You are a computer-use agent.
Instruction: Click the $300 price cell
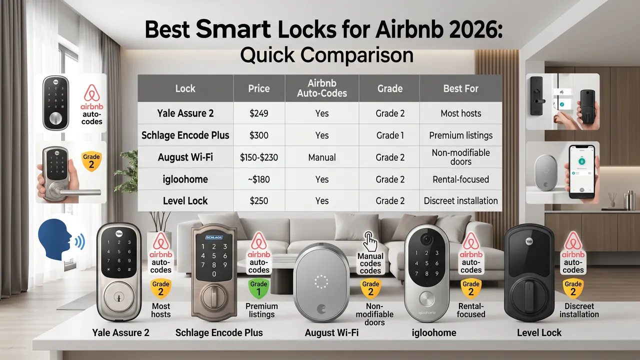[x=258, y=135]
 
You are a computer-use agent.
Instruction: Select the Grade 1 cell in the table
[x=390, y=135]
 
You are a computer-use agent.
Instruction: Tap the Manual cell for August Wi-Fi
[x=322, y=157]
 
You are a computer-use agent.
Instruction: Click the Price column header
[x=258, y=89]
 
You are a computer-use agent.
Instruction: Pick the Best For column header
[x=460, y=89]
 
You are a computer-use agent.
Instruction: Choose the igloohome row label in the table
[x=185, y=179]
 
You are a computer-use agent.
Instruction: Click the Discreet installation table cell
[x=460, y=201]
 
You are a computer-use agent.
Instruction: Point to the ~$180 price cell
[x=258, y=179]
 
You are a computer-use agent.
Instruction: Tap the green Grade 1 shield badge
[x=259, y=287]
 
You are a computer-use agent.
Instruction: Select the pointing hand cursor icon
[x=370, y=241]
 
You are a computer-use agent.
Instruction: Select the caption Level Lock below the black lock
[x=539, y=332]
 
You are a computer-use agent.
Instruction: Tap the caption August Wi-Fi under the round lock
[x=334, y=332]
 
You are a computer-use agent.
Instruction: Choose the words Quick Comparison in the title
[x=326, y=54]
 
